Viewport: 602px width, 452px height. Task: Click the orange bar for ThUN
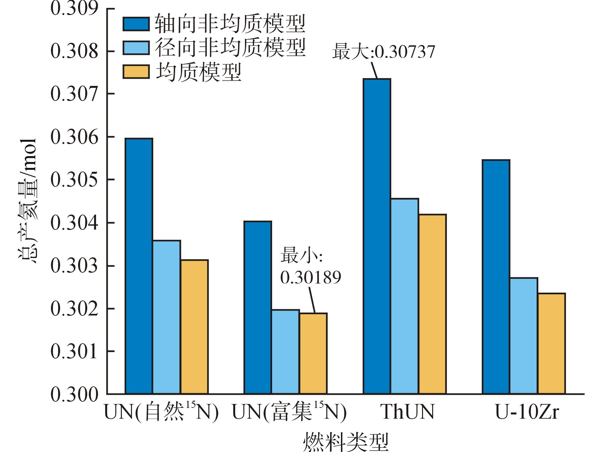click(432, 304)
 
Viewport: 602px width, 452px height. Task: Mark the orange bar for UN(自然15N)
click(194, 327)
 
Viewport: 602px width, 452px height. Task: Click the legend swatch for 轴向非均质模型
click(136, 24)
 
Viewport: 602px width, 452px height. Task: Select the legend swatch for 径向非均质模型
click(136, 48)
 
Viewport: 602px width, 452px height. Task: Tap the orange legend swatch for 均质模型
click(136, 72)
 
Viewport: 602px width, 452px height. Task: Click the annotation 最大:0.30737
click(383, 52)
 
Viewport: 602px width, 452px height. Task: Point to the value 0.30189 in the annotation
click(310, 277)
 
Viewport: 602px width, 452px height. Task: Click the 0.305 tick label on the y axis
click(74, 180)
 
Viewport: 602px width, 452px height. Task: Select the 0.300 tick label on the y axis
click(74, 394)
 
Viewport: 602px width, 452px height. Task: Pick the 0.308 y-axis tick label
click(74, 51)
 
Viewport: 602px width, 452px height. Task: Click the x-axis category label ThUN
click(407, 412)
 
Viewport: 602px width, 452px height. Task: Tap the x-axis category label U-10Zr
click(527, 412)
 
